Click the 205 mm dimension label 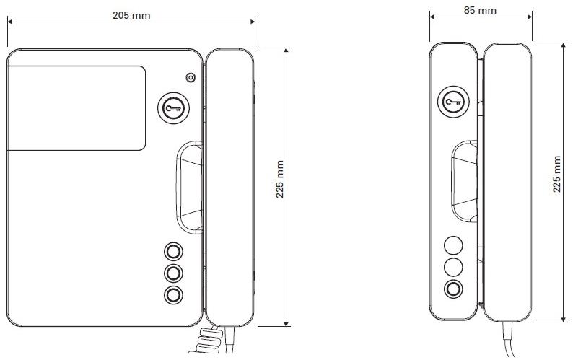[131, 15]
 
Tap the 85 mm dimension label [480, 10]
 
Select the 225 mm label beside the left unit [279, 179]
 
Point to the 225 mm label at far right [556, 174]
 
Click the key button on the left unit [174, 108]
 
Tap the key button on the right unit [453, 102]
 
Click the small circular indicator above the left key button [191, 77]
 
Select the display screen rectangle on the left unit [76, 108]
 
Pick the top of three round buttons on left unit [173, 252]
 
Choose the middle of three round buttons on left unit [173, 273]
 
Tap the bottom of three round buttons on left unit [173, 294]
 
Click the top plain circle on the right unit [453, 245]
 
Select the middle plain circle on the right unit [453, 267]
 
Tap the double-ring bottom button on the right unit [453, 289]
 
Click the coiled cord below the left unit [208, 341]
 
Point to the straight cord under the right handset [508, 339]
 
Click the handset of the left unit [229, 187]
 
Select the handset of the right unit [507, 182]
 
